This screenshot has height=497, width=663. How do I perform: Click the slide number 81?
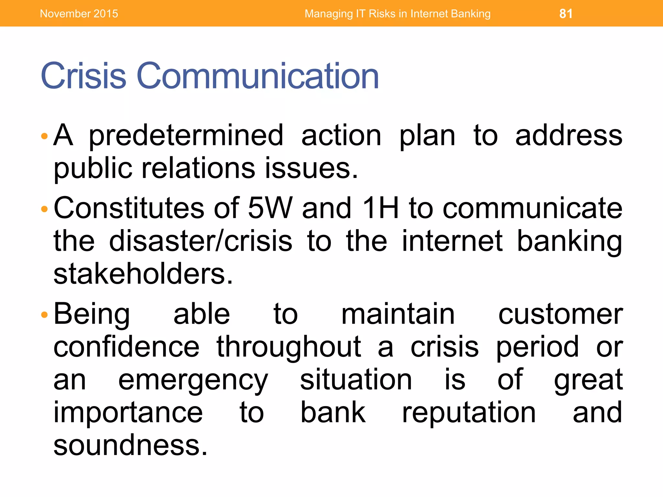[x=566, y=14]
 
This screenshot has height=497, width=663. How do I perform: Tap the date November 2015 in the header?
[x=79, y=14]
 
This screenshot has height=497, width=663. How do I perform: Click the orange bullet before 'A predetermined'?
[x=45, y=136]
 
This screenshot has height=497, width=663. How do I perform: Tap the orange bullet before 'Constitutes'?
[x=45, y=209]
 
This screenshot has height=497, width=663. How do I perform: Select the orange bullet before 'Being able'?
[x=45, y=314]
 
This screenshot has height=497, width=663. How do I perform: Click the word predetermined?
[x=186, y=136]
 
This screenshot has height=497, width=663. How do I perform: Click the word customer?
[x=560, y=314]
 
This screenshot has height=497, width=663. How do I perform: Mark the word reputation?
[x=469, y=413]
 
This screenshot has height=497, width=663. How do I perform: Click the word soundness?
[x=130, y=446]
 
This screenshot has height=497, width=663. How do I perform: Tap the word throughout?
[x=289, y=348]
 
